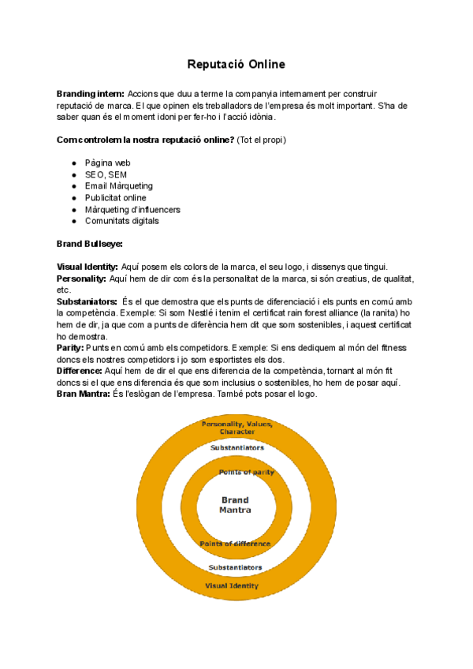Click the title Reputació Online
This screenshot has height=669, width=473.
tap(236, 63)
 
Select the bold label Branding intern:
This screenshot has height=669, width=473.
tap(90, 94)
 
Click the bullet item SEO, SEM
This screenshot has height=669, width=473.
tap(106, 174)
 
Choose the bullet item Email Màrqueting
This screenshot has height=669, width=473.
tap(119, 186)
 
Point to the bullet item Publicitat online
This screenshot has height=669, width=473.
tap(116, 198)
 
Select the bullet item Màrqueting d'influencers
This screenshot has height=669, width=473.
tap(132, 210)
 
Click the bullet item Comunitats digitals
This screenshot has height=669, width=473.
tap(122, 221)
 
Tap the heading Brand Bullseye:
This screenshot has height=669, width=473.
tap(90, 244)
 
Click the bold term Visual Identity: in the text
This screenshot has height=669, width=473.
tap(88, 267)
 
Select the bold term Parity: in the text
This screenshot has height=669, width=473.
tap(71, 348)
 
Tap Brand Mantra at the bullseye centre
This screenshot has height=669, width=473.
tap(235, 505)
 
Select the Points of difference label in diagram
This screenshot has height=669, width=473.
tap(235, 544)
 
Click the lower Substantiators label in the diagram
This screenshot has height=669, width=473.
tap(235, 567)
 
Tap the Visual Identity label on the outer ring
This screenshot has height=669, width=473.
tap(233, 586)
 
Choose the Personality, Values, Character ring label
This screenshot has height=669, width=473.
tap(236, 428)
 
